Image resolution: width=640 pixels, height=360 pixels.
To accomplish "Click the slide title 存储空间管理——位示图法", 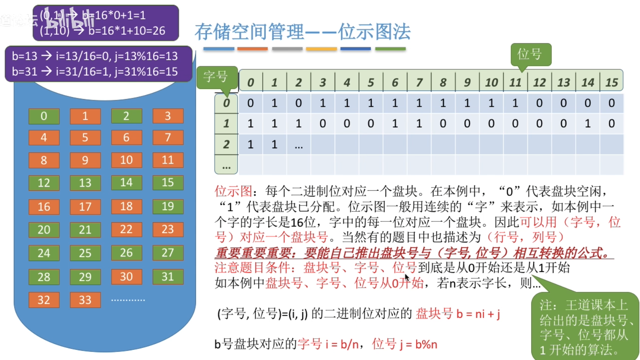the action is (x=302, y=32).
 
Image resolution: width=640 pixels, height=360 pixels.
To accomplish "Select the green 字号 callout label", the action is (x=216, y=77).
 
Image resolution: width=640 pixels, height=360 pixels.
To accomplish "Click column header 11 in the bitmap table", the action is (x=515, y=83).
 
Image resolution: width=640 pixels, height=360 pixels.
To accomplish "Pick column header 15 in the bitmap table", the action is (x=611, y=83).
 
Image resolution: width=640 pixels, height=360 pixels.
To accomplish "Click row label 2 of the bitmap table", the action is (x=226, y=144).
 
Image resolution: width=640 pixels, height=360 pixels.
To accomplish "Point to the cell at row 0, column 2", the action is (x=299, y=103).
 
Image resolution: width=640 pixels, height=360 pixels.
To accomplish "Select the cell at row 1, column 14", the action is (x=587, y=124).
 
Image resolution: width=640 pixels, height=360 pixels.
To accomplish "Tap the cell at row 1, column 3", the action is (x=322, y=124).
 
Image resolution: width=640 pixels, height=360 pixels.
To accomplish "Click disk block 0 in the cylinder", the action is (x=44, y=116).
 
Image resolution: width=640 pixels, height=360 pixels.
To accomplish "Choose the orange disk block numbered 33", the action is (x=85, y=300).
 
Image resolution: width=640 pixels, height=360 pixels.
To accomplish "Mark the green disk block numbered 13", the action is (x=85, y=183).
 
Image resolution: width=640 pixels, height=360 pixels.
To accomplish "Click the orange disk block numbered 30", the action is (x=126, y=277).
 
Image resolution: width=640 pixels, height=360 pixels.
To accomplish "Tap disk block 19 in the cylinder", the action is (x=168, y=206).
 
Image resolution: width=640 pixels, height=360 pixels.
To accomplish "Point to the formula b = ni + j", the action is (x=478, y=314).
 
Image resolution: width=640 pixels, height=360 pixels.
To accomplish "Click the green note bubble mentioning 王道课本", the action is (x=585, y=326).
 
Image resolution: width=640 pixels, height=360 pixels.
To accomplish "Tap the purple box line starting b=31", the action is (x=95, y=72).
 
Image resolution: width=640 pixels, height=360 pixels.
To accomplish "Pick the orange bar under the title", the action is (x=253, y=49).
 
